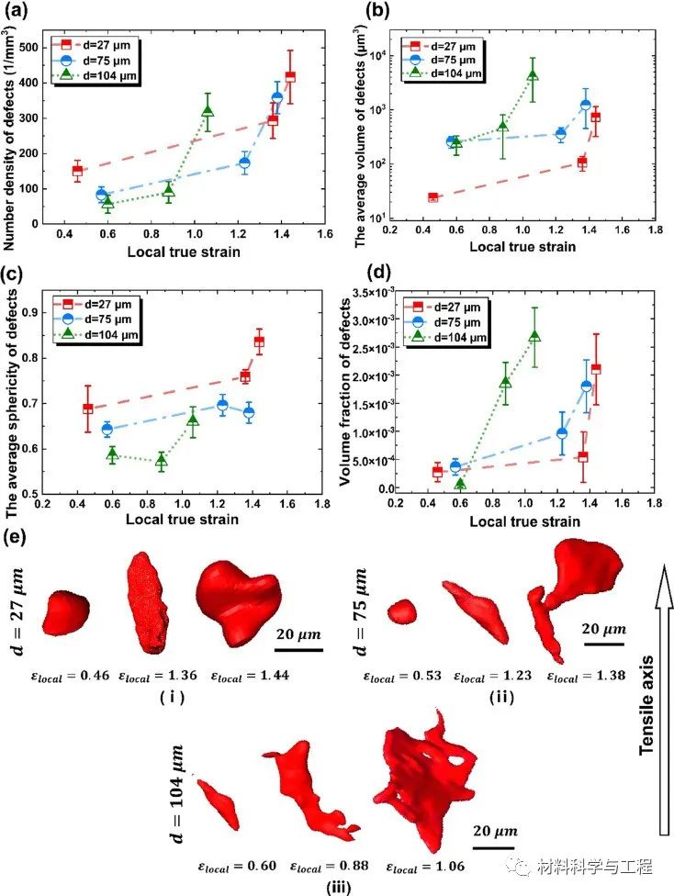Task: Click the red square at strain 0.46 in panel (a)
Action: pos(77,170)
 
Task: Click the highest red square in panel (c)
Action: pos(259,342)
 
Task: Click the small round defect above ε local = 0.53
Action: pos(403,610)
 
